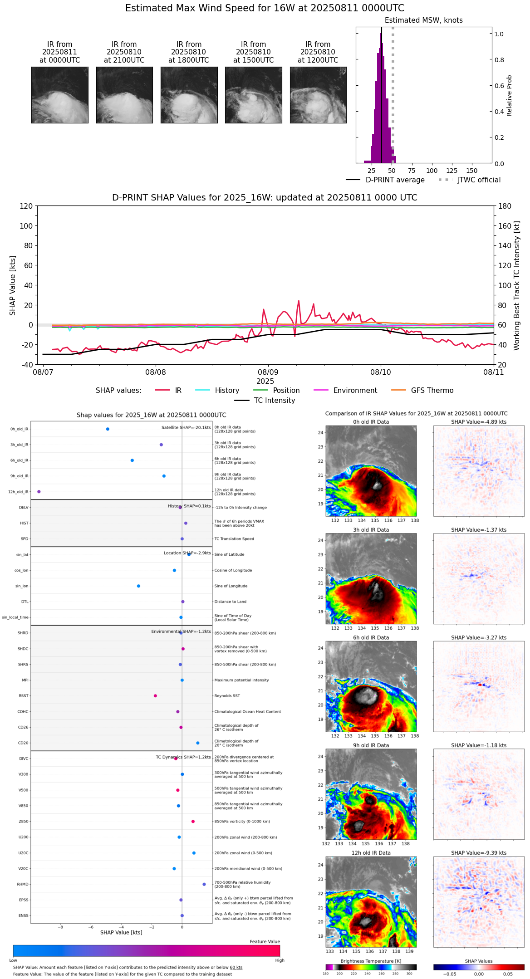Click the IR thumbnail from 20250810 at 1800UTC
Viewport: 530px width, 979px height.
point(189,95)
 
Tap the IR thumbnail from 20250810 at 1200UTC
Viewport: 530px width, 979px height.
point(318,95)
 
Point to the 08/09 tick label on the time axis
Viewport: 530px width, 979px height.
point(268,372)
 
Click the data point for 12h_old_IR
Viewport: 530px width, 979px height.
point(39,492)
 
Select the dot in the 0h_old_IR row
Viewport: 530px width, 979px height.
point(108,429)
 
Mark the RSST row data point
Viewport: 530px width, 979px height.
point(155,696)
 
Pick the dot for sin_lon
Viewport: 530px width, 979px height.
point(138,586)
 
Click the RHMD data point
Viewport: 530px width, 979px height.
point(204,884)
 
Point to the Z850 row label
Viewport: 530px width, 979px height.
point(23,822)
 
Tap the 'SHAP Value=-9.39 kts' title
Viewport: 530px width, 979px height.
point(479,853)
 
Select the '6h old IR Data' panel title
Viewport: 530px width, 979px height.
point(371,637)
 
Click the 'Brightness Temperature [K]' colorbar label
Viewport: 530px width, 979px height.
point(371,961)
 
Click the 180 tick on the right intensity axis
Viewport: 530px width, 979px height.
point(505,206)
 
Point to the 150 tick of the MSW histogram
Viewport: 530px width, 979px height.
point(472,171)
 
